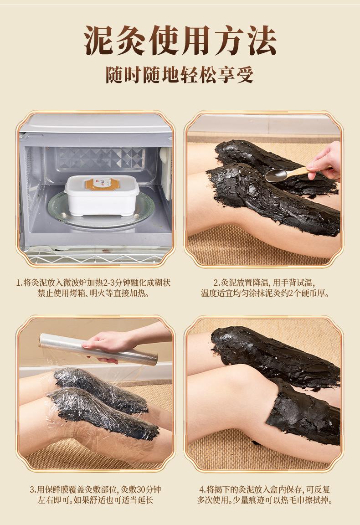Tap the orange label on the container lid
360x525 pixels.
click(102, 183)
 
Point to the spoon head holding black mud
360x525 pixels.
click(275, 175)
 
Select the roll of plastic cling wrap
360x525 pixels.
click(98, 349)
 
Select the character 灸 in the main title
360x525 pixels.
click(132, 41)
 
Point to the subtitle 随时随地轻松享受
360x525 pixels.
click(180, 75)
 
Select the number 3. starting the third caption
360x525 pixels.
click(33, 490)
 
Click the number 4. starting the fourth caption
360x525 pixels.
click(202, 490)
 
